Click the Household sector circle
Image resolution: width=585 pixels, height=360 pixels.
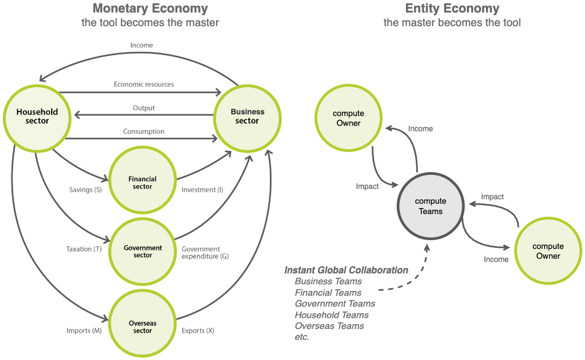coord(37,117)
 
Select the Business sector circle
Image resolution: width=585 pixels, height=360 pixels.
coord(248,117)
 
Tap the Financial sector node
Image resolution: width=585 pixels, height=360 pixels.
coord(143,183)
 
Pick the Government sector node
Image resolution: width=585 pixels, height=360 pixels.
coord(143,252)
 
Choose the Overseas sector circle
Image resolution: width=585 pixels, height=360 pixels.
coord(143,327)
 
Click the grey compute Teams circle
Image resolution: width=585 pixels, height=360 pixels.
coord(430,206)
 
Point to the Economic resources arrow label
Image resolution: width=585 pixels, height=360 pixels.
coord(144,84)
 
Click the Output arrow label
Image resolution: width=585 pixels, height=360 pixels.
coord(144,108)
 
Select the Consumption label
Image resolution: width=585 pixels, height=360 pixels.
coord(144,131)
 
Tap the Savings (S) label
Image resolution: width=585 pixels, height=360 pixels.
coord(85,190)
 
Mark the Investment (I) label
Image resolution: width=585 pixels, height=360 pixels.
coord(202,190)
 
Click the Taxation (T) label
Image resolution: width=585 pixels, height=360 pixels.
coord(84,249)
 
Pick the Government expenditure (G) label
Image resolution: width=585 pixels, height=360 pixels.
coord(205,253)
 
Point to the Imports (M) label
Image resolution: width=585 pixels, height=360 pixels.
coord(84,331)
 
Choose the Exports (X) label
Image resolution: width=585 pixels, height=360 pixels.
coord(198,331)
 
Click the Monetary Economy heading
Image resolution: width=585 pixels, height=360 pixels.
coord(150,9)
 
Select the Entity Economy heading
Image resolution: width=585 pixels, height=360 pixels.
coord(452,9)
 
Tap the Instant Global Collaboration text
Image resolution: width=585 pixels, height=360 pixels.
coord(346,270)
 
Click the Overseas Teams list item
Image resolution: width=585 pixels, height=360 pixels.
coord(329,326)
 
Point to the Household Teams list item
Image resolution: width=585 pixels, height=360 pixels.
coord(331,315)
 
